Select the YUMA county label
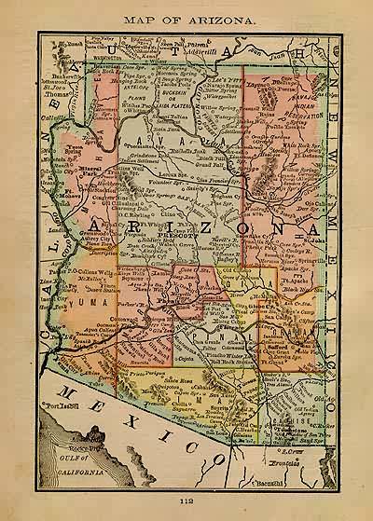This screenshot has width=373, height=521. [x=82, y=304]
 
